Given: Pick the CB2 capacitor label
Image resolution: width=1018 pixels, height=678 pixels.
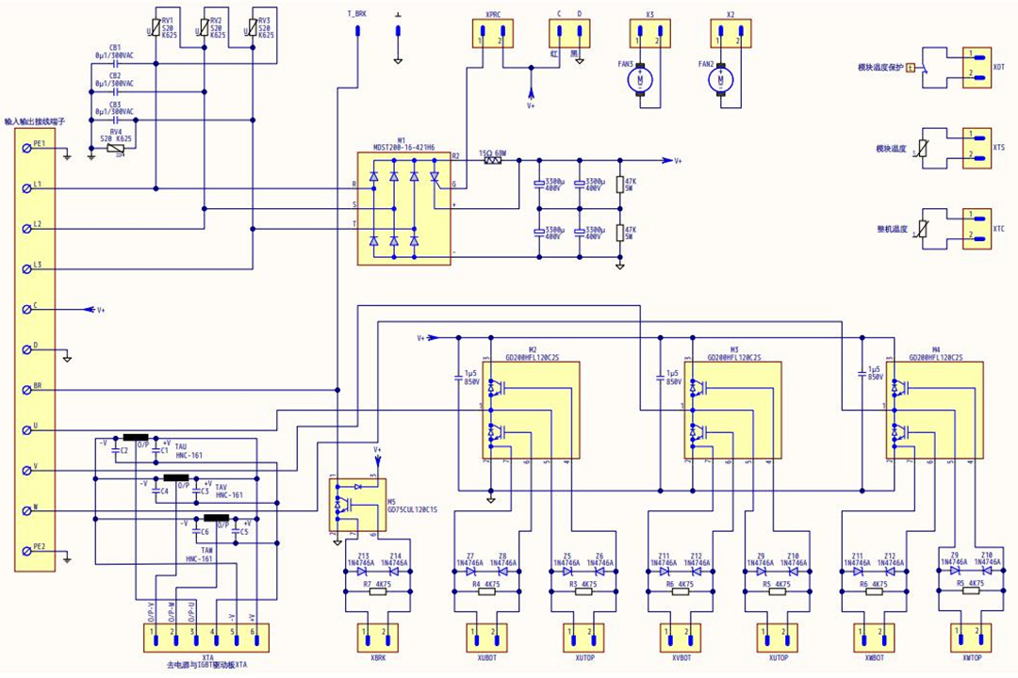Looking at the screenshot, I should pos(115,75).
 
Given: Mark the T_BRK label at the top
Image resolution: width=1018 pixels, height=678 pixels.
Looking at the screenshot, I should pos(358,14).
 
